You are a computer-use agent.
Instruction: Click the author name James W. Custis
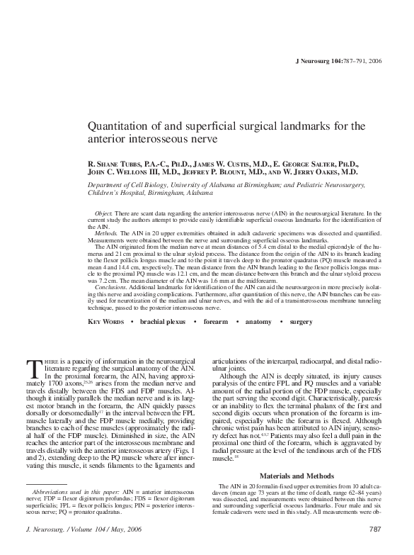(215, 162)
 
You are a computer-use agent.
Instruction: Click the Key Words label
(105, 322)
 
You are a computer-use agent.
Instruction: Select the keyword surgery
(301, 322)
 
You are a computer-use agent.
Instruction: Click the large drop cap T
(35, 370)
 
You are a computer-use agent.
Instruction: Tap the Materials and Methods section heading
(295, 474)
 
